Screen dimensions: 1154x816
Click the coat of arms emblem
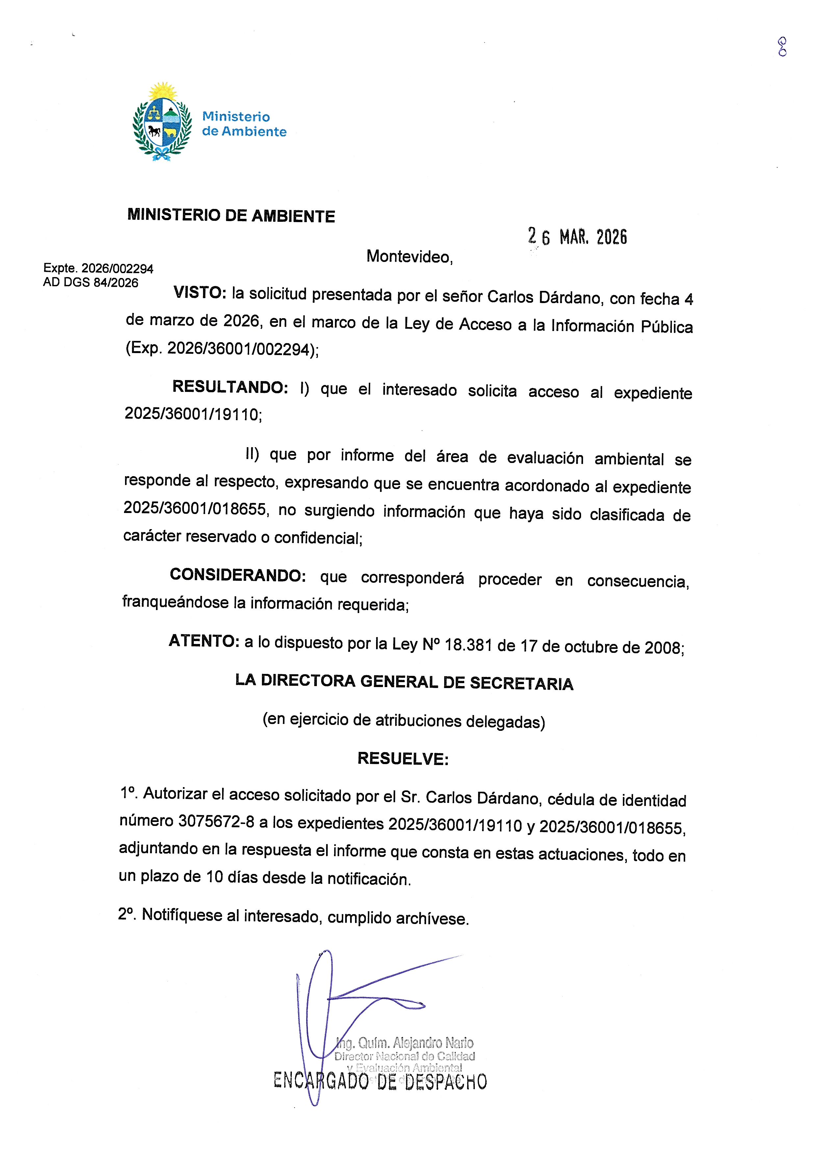pos(162,122)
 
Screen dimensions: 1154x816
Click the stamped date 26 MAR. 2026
pos(577,236)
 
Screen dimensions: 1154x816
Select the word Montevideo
pos(409,257)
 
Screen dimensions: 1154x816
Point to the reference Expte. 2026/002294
pos(98,269)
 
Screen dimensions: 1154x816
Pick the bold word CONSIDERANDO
pos(238,575)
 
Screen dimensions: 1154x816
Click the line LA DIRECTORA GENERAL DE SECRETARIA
pos(404,682)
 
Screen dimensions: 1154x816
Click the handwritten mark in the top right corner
pos(782,47)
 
